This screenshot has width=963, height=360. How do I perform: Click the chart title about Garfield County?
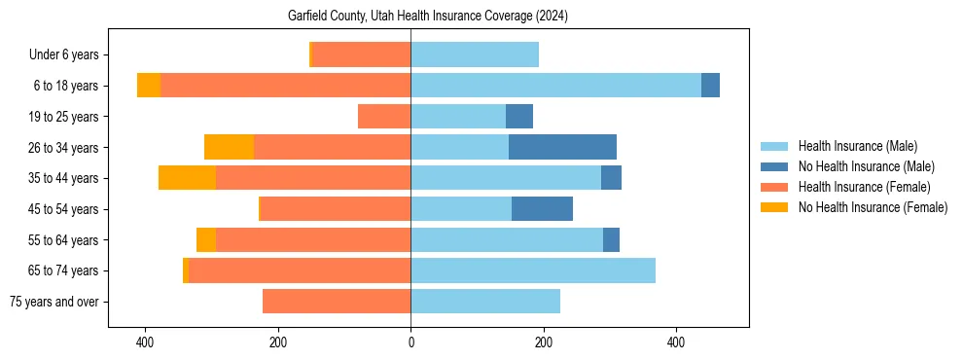[428, 17]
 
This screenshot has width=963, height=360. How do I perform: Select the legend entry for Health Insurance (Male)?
[857, 146]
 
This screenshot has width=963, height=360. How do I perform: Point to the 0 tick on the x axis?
[410, 342]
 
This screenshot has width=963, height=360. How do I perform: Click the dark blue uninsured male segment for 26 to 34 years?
[562, 147]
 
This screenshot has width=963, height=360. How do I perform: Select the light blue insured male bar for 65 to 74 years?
[533, 270]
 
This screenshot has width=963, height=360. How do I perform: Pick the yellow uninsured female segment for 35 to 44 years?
[187, 178]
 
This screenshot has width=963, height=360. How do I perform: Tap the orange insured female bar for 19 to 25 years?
[384, 117]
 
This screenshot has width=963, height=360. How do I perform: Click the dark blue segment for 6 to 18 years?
[710, 86]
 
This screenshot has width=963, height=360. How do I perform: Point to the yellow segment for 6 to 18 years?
[149, 86]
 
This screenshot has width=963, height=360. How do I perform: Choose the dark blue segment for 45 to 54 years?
[542, 209]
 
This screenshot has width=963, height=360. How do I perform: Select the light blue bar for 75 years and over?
[485, 302]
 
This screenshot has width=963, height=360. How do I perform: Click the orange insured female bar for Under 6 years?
[361, 55]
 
